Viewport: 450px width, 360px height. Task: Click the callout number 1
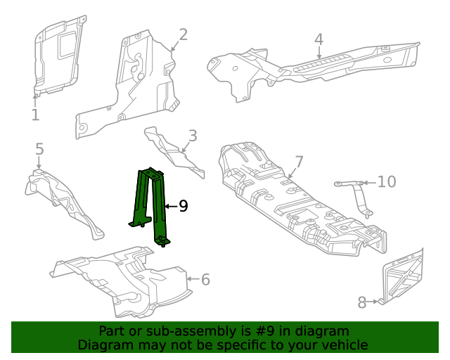[x=35, y=115]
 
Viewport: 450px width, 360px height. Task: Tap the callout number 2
[x=183, y=35]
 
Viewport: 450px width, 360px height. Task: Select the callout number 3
[x=192, y=136]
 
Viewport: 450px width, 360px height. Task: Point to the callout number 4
[x=319, y=40]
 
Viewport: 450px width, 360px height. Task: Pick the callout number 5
[x=39, y=149]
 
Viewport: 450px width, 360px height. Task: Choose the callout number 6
[x=205, y=280]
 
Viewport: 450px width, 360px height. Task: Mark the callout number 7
[x=299, y=162]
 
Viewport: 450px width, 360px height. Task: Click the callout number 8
[x=362, y=303]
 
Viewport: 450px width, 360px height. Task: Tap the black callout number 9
[x=183, y=206]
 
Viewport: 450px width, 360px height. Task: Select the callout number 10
[x=387, y=182]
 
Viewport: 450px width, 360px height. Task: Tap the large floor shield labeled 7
[x=295, y=204]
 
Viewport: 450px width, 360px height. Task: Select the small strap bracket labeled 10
[x=357, y=193]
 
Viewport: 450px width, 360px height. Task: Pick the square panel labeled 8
[x=403, y=278]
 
